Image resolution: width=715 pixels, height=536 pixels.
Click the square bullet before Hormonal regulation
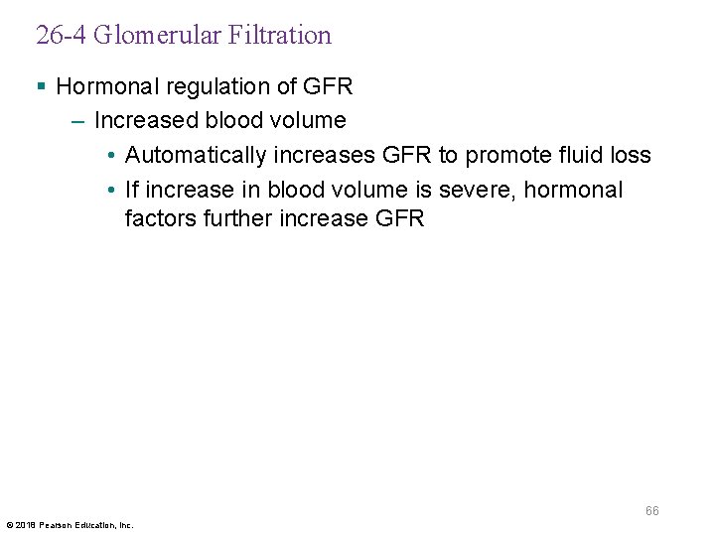point(41,87)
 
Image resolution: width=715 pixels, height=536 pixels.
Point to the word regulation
point(205,86)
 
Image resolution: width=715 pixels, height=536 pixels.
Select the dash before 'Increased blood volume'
point(78,121)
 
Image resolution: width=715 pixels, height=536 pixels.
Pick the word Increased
point(146,121)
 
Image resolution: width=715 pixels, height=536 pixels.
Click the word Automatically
point(197,156)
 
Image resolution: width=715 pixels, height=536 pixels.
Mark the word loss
point(630,156)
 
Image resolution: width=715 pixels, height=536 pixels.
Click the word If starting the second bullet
point(132,190)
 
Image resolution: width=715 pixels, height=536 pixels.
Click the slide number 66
point(651,511)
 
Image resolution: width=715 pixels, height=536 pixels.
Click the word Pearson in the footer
point(57,525)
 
